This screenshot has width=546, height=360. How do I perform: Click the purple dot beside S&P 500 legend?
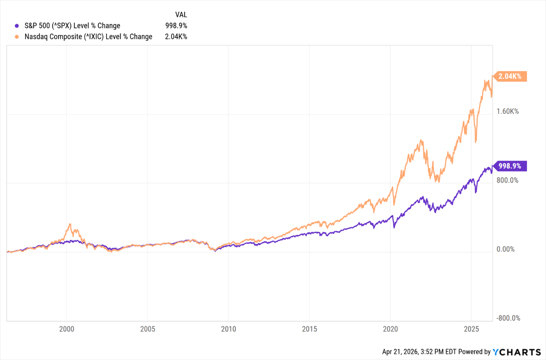[17, 26]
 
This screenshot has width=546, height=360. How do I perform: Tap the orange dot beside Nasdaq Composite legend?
[17, 37]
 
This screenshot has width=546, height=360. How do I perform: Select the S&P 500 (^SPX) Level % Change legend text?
[72, 26]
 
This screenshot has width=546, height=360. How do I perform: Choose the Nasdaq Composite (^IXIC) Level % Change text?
[88, 37]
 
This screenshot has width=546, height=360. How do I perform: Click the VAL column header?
[181, 15]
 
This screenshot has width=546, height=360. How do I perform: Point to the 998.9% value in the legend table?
[176, 26]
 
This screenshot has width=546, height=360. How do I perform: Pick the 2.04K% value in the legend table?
[176, 37]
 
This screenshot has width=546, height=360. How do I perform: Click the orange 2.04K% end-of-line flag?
[510, 76]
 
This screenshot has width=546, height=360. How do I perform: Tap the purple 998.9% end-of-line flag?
[510, 166]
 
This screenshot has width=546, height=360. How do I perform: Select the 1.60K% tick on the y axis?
[507, 112]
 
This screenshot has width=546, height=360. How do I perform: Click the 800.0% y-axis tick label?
[507, 180]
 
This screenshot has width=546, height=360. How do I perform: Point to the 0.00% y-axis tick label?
[506, 250]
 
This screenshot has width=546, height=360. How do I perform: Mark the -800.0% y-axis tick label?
[508, 318]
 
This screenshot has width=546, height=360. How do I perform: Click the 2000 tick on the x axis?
[66, 329]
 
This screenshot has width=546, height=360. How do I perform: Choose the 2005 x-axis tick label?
[147, 329]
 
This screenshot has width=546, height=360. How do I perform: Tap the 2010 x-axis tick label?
[228, 329]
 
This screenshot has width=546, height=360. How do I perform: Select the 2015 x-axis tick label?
[309, 329]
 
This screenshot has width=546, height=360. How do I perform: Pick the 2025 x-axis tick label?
[471, 329]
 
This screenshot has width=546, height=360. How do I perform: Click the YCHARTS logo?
[517, 352]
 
